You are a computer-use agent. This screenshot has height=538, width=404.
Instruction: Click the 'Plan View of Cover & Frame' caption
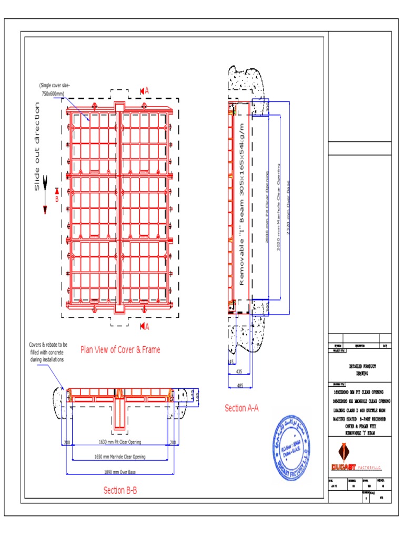(120, 349)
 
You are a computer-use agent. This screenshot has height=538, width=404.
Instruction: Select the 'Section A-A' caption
(241, 408)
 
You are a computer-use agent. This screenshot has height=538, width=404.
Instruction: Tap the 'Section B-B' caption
(120, 490)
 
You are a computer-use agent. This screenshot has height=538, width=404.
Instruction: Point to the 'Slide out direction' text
(37, 147)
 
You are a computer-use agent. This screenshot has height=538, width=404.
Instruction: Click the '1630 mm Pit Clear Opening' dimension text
(120, 442)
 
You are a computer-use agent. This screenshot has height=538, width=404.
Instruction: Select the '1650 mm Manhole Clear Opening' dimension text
(120, 457)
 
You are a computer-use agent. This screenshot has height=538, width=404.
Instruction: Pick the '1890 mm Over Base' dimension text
(120, 472)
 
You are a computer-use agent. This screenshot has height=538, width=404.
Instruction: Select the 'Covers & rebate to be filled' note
(48, 353)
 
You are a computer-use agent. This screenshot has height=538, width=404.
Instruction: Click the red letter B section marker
(57, 199)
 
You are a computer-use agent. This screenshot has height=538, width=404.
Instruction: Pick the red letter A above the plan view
(147, 91)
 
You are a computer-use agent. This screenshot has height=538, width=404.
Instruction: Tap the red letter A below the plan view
(147, 326)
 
